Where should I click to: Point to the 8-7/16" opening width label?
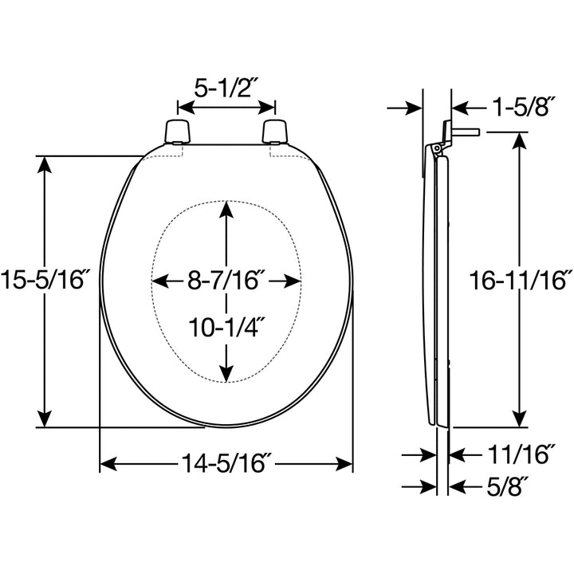pos(226,281)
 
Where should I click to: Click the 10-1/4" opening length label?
pos(226,328)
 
